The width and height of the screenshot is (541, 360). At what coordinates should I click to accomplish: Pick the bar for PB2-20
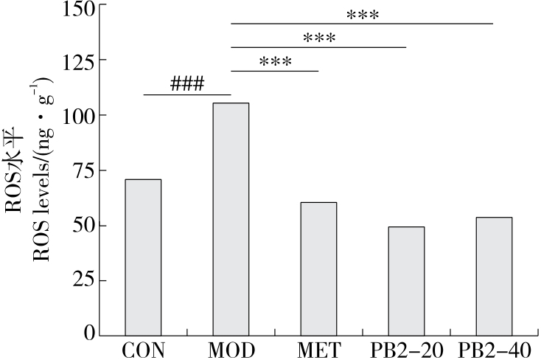pyautogui.click(x=406, y=280)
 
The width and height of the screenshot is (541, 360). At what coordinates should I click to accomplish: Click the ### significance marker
pyautogui.click(x=186, y=83)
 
